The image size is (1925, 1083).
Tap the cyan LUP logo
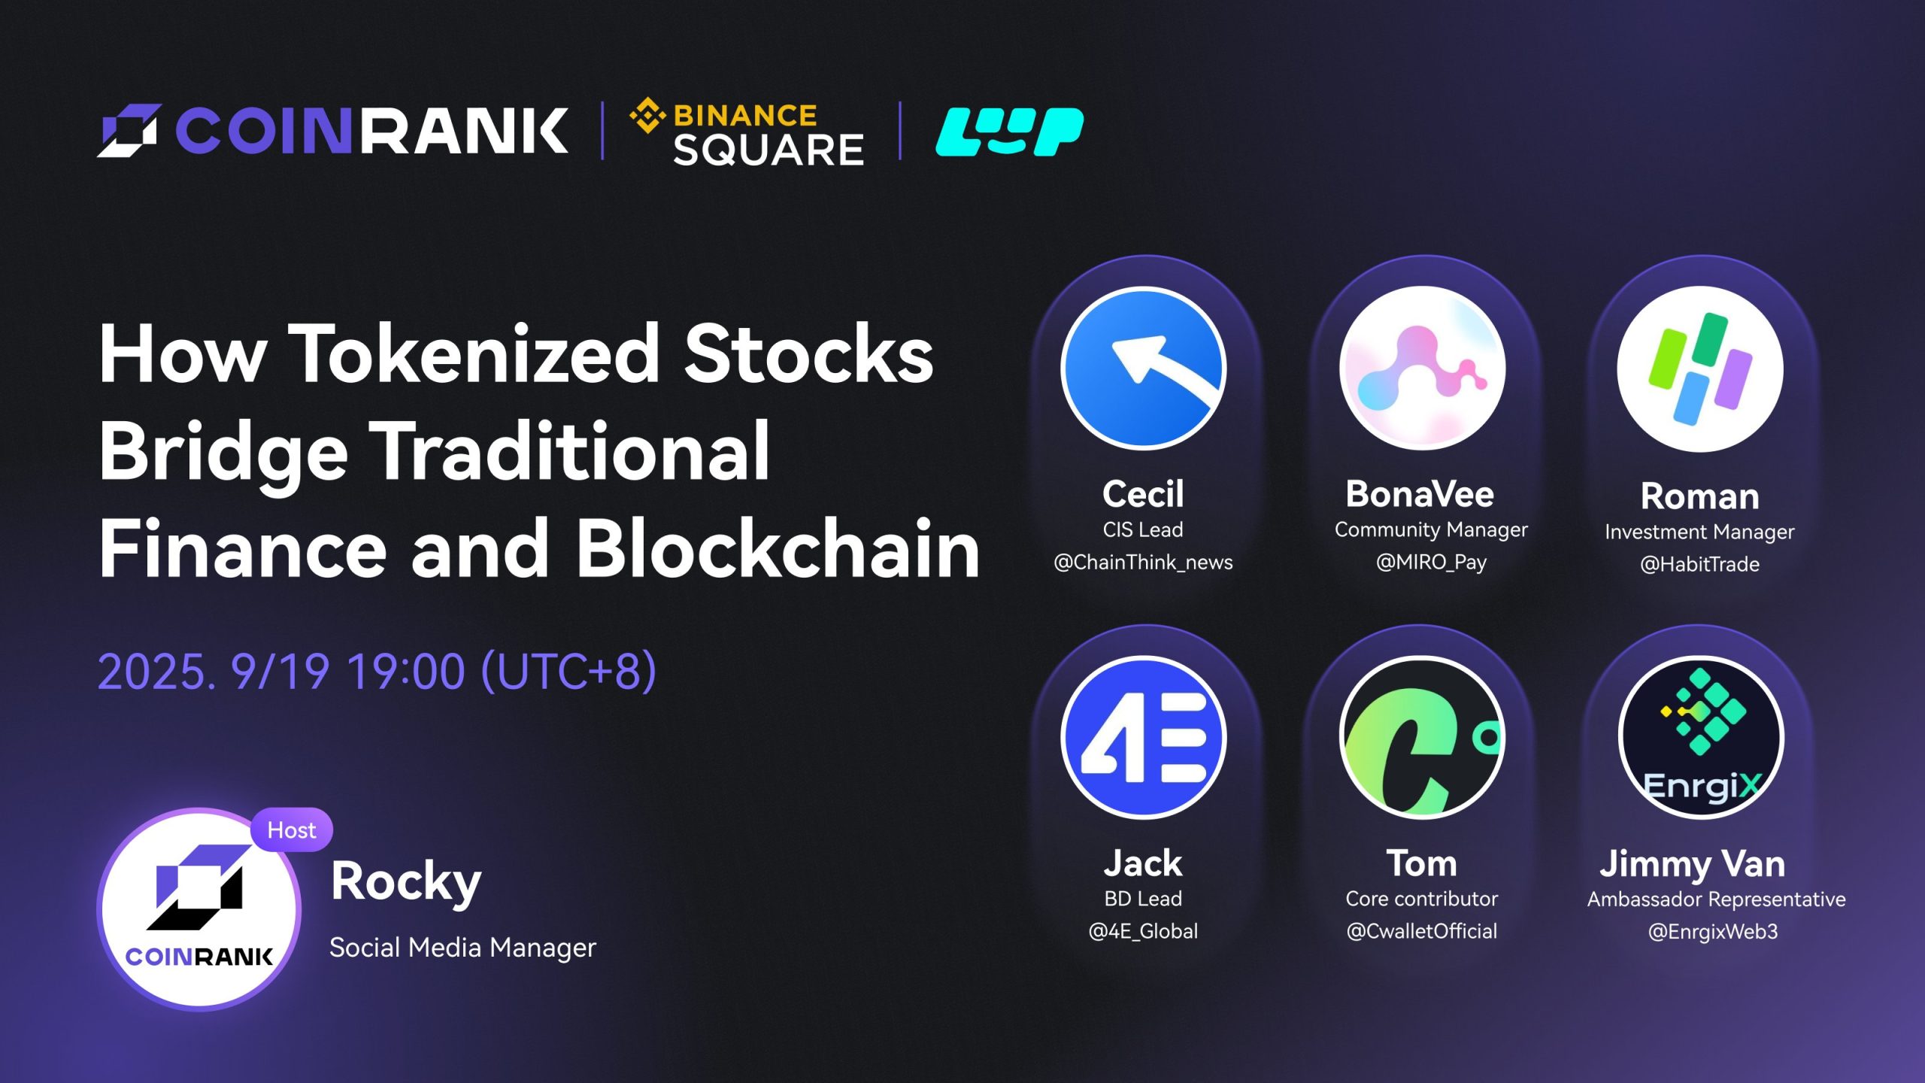(x=1009, y=132)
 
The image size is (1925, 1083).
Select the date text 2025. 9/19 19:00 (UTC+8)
(x=377, y=671)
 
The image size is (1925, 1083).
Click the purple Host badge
(x=292, y=830)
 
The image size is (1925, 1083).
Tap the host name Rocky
(x=406, y=881)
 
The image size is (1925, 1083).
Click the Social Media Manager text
(x=462, y=947)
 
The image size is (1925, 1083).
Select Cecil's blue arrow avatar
(x=1143, y=369)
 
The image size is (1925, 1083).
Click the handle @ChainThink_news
(x=1143, y=563)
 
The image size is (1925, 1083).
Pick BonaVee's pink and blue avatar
(x=1422, y=369)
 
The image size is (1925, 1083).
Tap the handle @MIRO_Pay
(x=1431, y=563)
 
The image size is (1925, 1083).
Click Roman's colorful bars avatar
(x=1700, y=369)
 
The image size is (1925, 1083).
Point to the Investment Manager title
(x=1699, y=532)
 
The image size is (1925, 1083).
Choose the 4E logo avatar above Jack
(x=1143, y=737)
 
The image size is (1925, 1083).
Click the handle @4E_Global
(x=1143, y=931)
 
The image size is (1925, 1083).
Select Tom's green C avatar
(x=1422, y=737)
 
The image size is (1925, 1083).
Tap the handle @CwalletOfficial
(x=1421, y=931)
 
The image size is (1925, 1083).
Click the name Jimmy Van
(x=1692, y=864)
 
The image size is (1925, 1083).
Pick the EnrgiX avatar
(x=1700, y=737)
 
